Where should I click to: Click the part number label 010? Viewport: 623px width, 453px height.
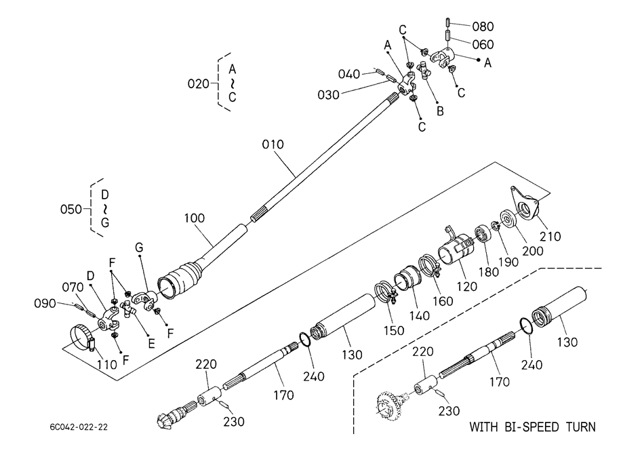tap(273, 144)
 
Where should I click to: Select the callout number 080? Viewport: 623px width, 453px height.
tap(483, 26)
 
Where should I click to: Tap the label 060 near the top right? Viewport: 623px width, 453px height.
tap(483, 44)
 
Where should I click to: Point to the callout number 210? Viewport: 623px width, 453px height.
tap(550, 237)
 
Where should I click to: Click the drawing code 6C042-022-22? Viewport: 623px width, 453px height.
tap(79, 427)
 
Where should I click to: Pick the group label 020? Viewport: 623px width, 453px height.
tap(198, 84)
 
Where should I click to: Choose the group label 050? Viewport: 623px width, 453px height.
tap(71, 209)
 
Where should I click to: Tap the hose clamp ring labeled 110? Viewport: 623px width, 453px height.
tap(84, 338)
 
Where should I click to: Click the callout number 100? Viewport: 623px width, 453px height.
tap(195, 218)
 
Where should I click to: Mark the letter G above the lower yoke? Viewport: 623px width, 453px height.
tap(139, 248)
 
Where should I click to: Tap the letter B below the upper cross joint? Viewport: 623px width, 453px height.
tap(440, 111)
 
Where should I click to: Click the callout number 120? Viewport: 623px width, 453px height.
tap(466, 286)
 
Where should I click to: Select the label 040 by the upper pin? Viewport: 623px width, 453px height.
tap(349, 74)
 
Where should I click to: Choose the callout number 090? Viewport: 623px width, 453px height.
tap(45, 304)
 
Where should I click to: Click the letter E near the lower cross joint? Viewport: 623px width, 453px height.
tap(151, 343)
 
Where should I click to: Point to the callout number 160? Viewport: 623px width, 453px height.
tap(443, 301)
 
